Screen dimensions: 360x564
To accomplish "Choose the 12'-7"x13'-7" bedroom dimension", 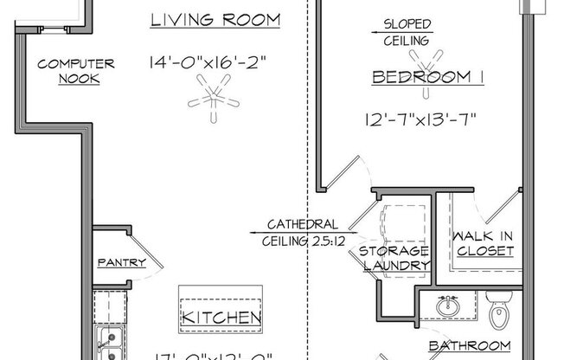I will pyautogui.click(x=421, y=119).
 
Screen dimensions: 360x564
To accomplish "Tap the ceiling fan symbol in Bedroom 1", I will pyautogui.click(x=422, y=60).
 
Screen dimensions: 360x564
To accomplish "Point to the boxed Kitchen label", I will pyautogui.click(x=221, y=318).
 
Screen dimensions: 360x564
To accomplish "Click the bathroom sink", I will pyautogui.click(x=447, y=306).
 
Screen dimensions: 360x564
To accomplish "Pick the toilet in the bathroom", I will pyautogui.click(x=500, y=312).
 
